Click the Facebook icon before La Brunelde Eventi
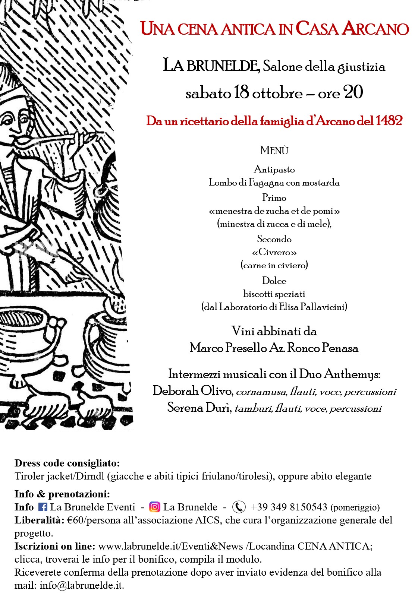(x=43, y=507)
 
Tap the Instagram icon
(x=154, y=507)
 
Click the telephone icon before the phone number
(x=239, y=507)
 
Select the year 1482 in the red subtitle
(x=389, y=121)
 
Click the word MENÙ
(x=274, y=151)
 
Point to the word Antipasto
(x=274, y=170)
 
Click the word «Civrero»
(x=274, y=252)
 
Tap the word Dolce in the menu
(x=274, y=281)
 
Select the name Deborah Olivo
(x=192, y=391)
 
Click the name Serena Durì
(x=199, y=408)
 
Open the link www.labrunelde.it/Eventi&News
(x=170, y=546)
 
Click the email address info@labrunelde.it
(x=81, y=585)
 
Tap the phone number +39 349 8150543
(x=289, y=507)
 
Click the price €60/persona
(x=93, y=520)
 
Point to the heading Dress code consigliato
(x=67, y=463)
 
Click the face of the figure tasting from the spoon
(x=17, y=123)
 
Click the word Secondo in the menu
(x=274, y=239)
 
